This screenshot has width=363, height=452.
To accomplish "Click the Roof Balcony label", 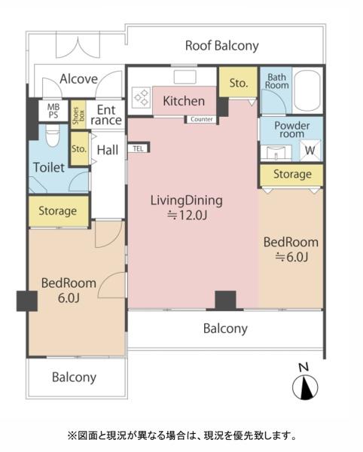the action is (222, 46).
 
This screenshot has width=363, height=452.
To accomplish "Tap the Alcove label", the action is (78, 79).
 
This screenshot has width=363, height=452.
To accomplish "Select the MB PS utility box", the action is (53, 111).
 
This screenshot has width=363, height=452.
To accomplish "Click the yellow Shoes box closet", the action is (78, 115).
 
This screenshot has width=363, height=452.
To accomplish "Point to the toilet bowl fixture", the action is (53, 135).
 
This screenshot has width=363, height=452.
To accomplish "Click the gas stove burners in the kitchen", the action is (141, 97).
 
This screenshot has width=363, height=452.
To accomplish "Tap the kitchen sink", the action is (185, 77).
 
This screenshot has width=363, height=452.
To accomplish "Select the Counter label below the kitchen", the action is (202, 119).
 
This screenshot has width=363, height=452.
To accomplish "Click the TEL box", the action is (139, 148).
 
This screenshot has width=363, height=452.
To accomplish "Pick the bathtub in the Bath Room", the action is (308, 90).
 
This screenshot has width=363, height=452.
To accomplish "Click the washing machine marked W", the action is (310, 150).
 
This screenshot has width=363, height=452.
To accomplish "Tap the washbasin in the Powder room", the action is (276, 152).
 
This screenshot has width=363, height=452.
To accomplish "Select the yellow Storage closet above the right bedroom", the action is (291, 175).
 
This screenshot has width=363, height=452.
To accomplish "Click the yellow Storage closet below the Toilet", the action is (59, 211).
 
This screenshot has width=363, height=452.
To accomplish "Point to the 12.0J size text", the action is (188, 215).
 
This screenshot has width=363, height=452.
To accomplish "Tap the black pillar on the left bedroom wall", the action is (27, 301).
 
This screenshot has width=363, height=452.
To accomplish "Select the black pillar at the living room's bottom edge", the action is (225, 300).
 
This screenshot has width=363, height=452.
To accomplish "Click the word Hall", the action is (108, 150).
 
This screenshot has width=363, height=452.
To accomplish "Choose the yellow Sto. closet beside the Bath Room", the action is (238, 82).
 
